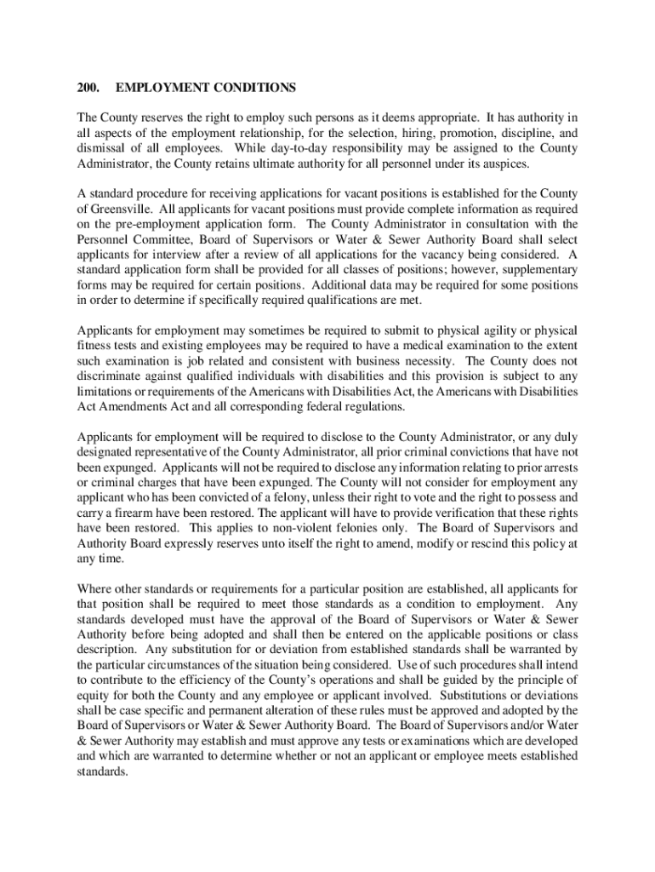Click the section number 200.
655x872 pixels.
click(x=88, y=88)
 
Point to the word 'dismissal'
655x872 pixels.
click(x=102, y=148)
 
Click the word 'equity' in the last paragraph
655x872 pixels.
click(x=94, y=694)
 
